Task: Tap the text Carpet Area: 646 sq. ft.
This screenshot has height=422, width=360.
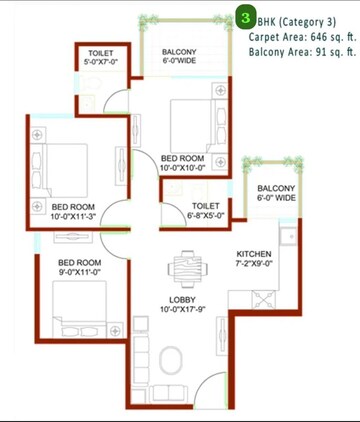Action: click(302, 36)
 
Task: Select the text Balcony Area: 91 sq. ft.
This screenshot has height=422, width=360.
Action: click(302, 52)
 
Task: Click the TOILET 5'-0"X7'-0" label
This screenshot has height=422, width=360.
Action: click(101, 57)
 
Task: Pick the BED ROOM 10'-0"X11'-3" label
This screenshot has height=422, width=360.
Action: click(72, 211)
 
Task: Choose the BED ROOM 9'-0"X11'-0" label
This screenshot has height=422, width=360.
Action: click(79, 266)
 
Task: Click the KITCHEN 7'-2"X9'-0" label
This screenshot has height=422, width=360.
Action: click(253, 259)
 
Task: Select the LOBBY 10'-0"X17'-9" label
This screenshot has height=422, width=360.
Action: click(182, 304)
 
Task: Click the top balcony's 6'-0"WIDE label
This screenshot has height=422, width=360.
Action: click(180, 57)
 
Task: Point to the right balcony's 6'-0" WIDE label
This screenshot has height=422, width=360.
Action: click(276, 193)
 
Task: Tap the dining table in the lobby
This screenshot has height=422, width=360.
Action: click(183, 269)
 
